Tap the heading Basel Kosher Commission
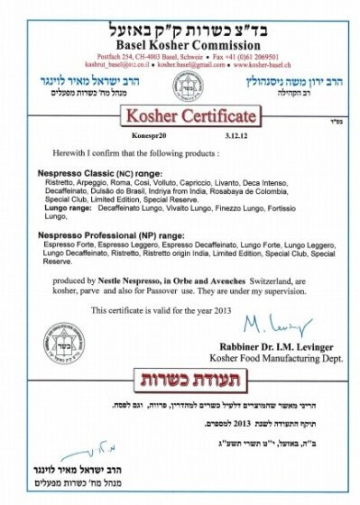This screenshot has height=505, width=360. [x=180, y=27]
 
